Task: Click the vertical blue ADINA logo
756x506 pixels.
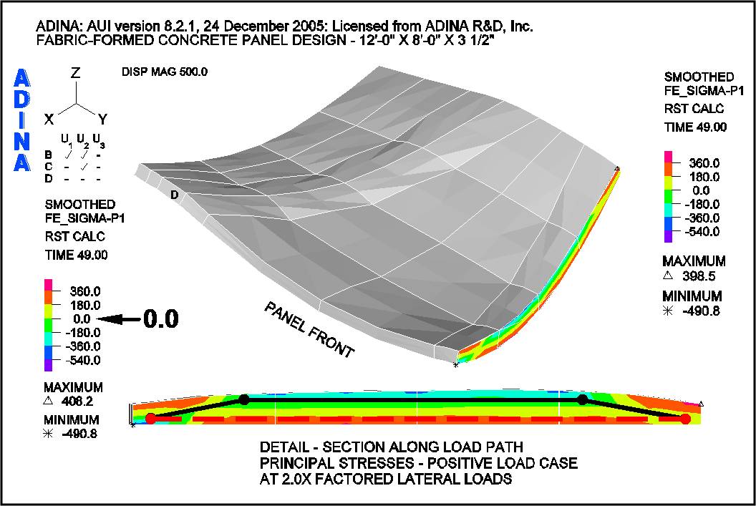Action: (x=22, y=120)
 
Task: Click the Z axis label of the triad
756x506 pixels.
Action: (x=75, y=73)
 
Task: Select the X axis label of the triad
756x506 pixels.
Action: (x=49, y=120)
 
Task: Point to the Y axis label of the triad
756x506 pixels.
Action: (x=102, y=120)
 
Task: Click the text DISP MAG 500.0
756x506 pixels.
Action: (x=164, y=72)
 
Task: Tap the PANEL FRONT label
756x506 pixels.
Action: (x=309, y=329)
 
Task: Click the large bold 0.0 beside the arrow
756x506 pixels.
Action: (x=160, y=319)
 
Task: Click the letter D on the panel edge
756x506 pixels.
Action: (x=173, y=194)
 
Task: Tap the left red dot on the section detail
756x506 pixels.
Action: (x=150, y=418)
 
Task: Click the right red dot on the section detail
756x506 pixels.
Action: (x=686, y=419)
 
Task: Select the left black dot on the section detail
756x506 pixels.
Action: (x=244, y=399)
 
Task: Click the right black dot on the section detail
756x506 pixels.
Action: (x=582, y=399)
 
